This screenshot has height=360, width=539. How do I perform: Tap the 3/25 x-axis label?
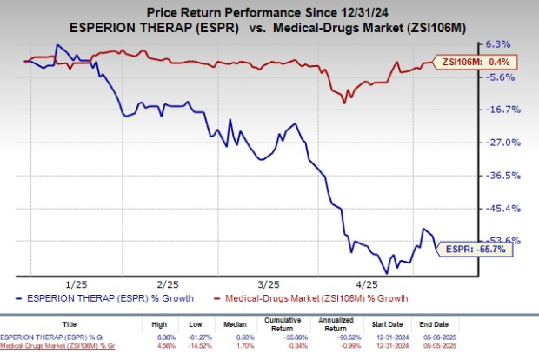[x=269, y=284]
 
